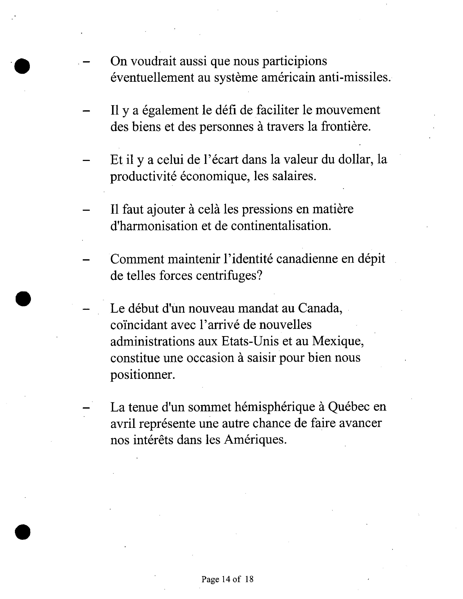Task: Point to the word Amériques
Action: tap(255, 440)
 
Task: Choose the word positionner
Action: tap(142, 375)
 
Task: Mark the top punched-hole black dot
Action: tap(22, 66)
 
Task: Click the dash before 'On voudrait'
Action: tap(86, 62)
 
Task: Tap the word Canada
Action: tap(320, 308)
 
